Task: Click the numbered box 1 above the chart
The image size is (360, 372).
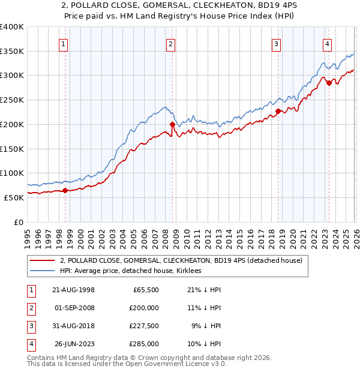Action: pyautogui.click(x=63, y=43)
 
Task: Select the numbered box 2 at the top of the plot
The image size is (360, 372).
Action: pyautogui.click(x=170, y=43)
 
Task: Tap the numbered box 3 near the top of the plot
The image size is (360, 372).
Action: pyautogui.click(x=276, y=43)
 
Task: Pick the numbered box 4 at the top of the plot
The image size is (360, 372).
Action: pyautogui.click(x=327, y=43)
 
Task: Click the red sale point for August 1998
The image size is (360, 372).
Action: pyautogui.click(x=65, y=190)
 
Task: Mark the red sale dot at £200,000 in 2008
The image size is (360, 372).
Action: pyautogui.click(x=172, y=125)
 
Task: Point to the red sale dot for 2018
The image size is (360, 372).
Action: pyautogui.click(x=278, y=111)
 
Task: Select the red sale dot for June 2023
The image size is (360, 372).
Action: pyautogui.click(x=329, y=83)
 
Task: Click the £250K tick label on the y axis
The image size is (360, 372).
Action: pyautogui.click(x=11, y=100)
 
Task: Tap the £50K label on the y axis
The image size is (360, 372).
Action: pyautogui.click(x=14, y=197)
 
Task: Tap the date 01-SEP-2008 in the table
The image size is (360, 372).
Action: pyautogui.click(x=74, y=308)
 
